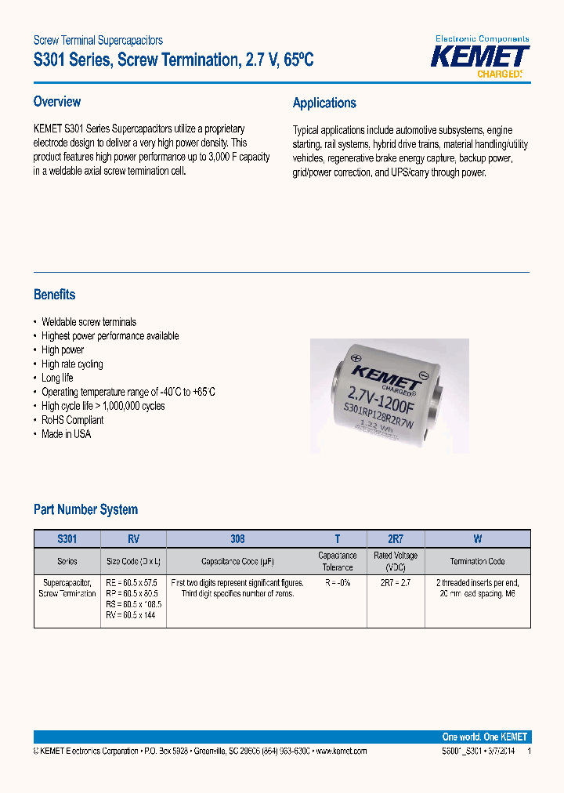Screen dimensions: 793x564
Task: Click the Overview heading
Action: click(57, 102)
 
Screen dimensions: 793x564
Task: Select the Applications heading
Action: click(324, 103)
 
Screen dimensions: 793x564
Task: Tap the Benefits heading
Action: click(55, 295)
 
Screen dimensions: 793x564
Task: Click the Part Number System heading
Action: click(85, 509)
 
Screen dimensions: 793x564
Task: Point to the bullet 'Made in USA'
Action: click(66, 434)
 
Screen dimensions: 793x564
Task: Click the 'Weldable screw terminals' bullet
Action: click(89, 322)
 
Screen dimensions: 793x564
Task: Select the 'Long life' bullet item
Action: click(57, 378)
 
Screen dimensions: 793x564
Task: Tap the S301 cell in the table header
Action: click(67, 539)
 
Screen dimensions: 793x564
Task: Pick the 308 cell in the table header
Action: click(237, 539)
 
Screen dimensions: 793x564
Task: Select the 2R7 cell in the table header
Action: click(395, 539)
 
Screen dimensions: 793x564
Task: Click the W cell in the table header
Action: click(477, 539)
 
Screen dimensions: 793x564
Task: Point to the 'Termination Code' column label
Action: click(477, 561)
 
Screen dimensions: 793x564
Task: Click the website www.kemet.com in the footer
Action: click(340, 751)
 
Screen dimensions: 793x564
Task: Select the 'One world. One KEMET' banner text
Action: click(485, 737)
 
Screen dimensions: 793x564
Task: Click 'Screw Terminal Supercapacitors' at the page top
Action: click(98, 40)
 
